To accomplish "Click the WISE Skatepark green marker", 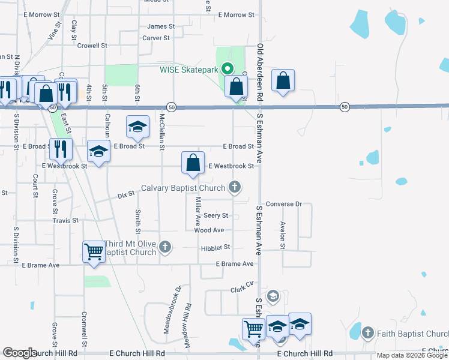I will tap(227, 69).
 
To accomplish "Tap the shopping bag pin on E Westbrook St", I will tap(193, 163).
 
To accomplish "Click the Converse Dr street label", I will tap(283, 204).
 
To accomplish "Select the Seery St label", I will tap(215, 215).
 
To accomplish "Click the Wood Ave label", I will tap(209, 230).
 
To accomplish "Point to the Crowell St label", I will tap(92, 45).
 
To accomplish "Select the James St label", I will tap(161, 26).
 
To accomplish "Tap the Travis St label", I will tap(65, 221).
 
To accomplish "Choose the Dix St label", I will tap(125, 195).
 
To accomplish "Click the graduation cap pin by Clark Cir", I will tap(273, 296).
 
